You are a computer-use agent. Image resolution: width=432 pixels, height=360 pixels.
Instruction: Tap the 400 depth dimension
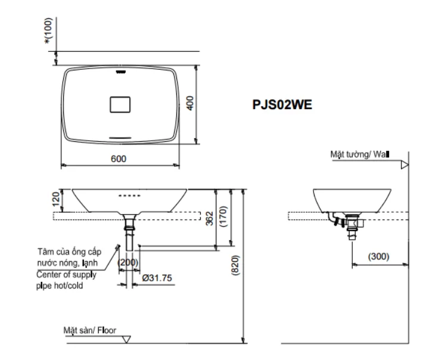(x=191, y=103)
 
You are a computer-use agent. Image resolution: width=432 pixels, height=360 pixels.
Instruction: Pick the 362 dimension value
(x=207, y=218)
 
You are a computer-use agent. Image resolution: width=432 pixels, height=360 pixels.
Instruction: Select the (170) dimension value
(x=222, y=217)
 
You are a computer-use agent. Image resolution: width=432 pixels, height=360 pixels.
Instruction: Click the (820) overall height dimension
(x=236, y=266)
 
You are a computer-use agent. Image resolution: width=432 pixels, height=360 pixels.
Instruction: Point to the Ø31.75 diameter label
(x=157, y=278)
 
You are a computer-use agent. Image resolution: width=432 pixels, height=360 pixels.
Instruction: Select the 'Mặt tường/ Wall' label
(x=359, y=154)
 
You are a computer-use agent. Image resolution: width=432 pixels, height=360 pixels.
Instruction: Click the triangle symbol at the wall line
(x=405, y=164)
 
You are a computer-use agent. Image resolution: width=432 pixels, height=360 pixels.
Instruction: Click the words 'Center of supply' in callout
(x=65, y=275)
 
